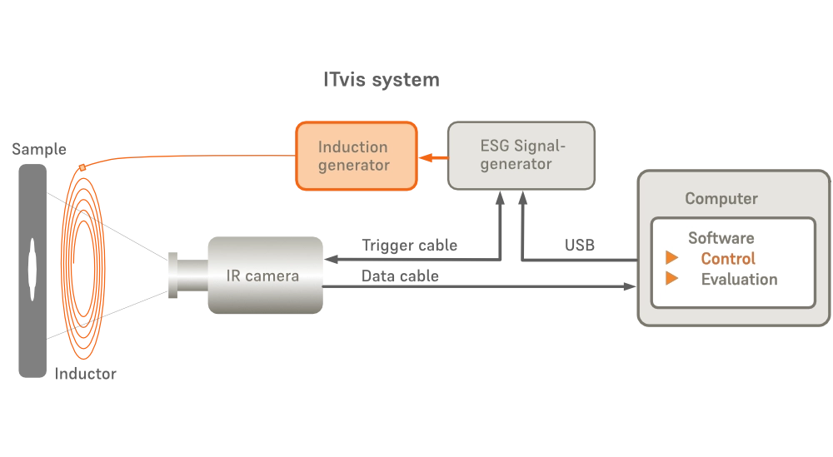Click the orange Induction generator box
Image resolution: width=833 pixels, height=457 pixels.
[x=355, y=156]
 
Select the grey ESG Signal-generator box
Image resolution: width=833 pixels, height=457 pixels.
[x=521, y=156]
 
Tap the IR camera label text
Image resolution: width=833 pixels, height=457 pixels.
[x=262, y=276]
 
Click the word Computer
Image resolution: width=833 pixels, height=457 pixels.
[x=721, y=199]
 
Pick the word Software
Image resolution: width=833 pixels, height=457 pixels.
[x=721, y=238]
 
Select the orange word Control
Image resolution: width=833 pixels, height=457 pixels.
[x=728, y=259]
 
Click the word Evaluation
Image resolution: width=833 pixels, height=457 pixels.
[x=739, y=280]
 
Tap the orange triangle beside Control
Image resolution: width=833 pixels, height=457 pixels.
[x=671, y=258]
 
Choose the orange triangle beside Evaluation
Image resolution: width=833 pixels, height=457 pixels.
[x=671, y=279]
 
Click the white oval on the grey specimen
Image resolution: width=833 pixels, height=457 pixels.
[x=32, y=267]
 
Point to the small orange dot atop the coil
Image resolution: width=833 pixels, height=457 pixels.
[x=82, y=167]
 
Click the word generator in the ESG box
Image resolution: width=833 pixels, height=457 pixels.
[x=516, y=165]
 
